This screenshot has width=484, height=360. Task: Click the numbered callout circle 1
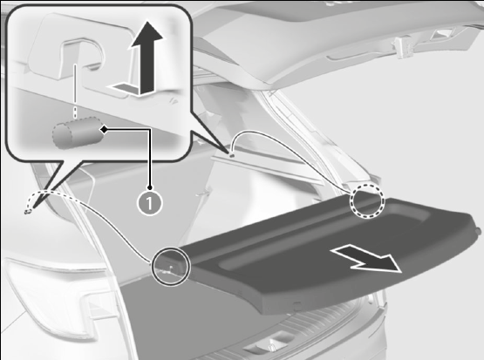[149, 203]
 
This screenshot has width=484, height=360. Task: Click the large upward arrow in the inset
[146, 57]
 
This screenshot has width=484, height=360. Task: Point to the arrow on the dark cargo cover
[366, 259]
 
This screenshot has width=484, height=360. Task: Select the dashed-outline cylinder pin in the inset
[77, 132]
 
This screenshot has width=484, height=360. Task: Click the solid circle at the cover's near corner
[170, 266]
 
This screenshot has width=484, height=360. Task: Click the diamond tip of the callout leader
[105, 130]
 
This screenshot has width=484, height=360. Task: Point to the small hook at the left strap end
[28, 211]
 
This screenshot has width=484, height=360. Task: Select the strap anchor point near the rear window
[231, 155]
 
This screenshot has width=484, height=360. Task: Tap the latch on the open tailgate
[403, 47]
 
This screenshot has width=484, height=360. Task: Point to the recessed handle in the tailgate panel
[345, 56]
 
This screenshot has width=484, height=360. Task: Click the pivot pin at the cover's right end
[479, 230]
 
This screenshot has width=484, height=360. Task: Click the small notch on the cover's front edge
[297, 306]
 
